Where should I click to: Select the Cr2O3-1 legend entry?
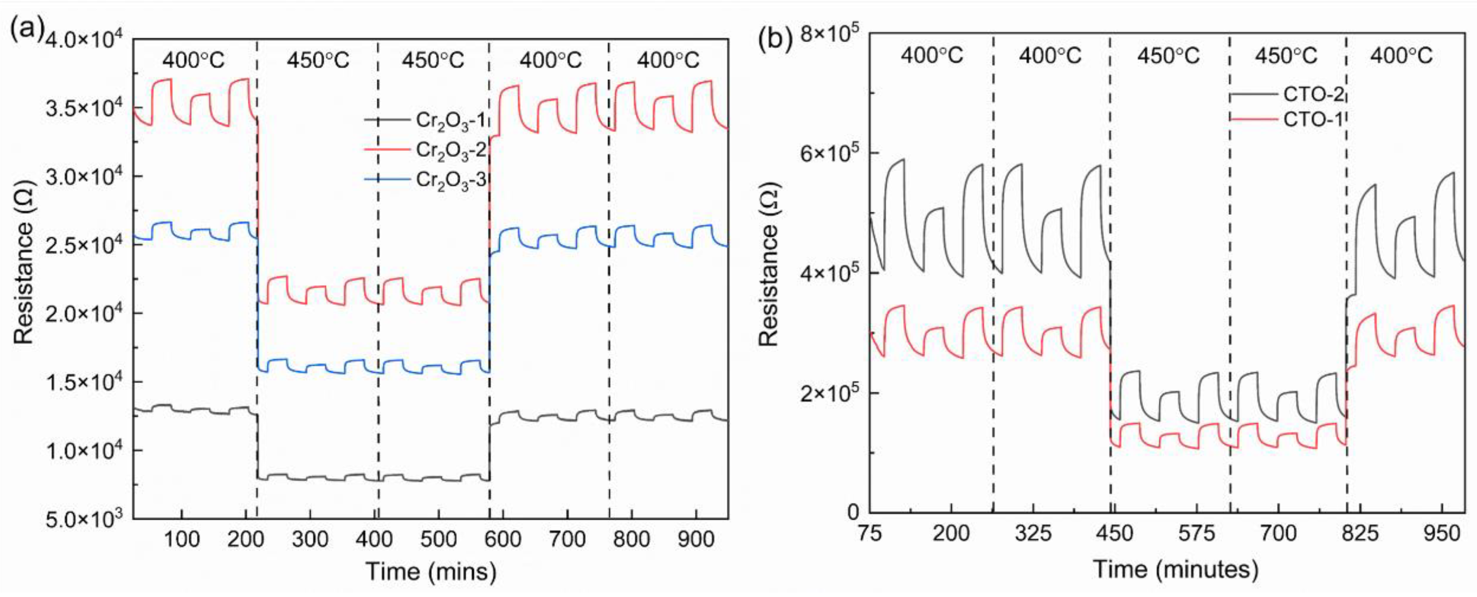(x=451, y=121)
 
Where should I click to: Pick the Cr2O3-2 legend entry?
(x=451, y=151)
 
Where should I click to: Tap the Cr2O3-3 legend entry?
(x=451, y=181)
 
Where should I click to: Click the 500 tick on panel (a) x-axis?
(x=438, y=539)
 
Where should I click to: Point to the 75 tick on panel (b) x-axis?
(x=870, y=534)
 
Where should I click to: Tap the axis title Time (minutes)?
(x=1176, y=570)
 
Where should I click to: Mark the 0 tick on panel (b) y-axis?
(x=854, y=512)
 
